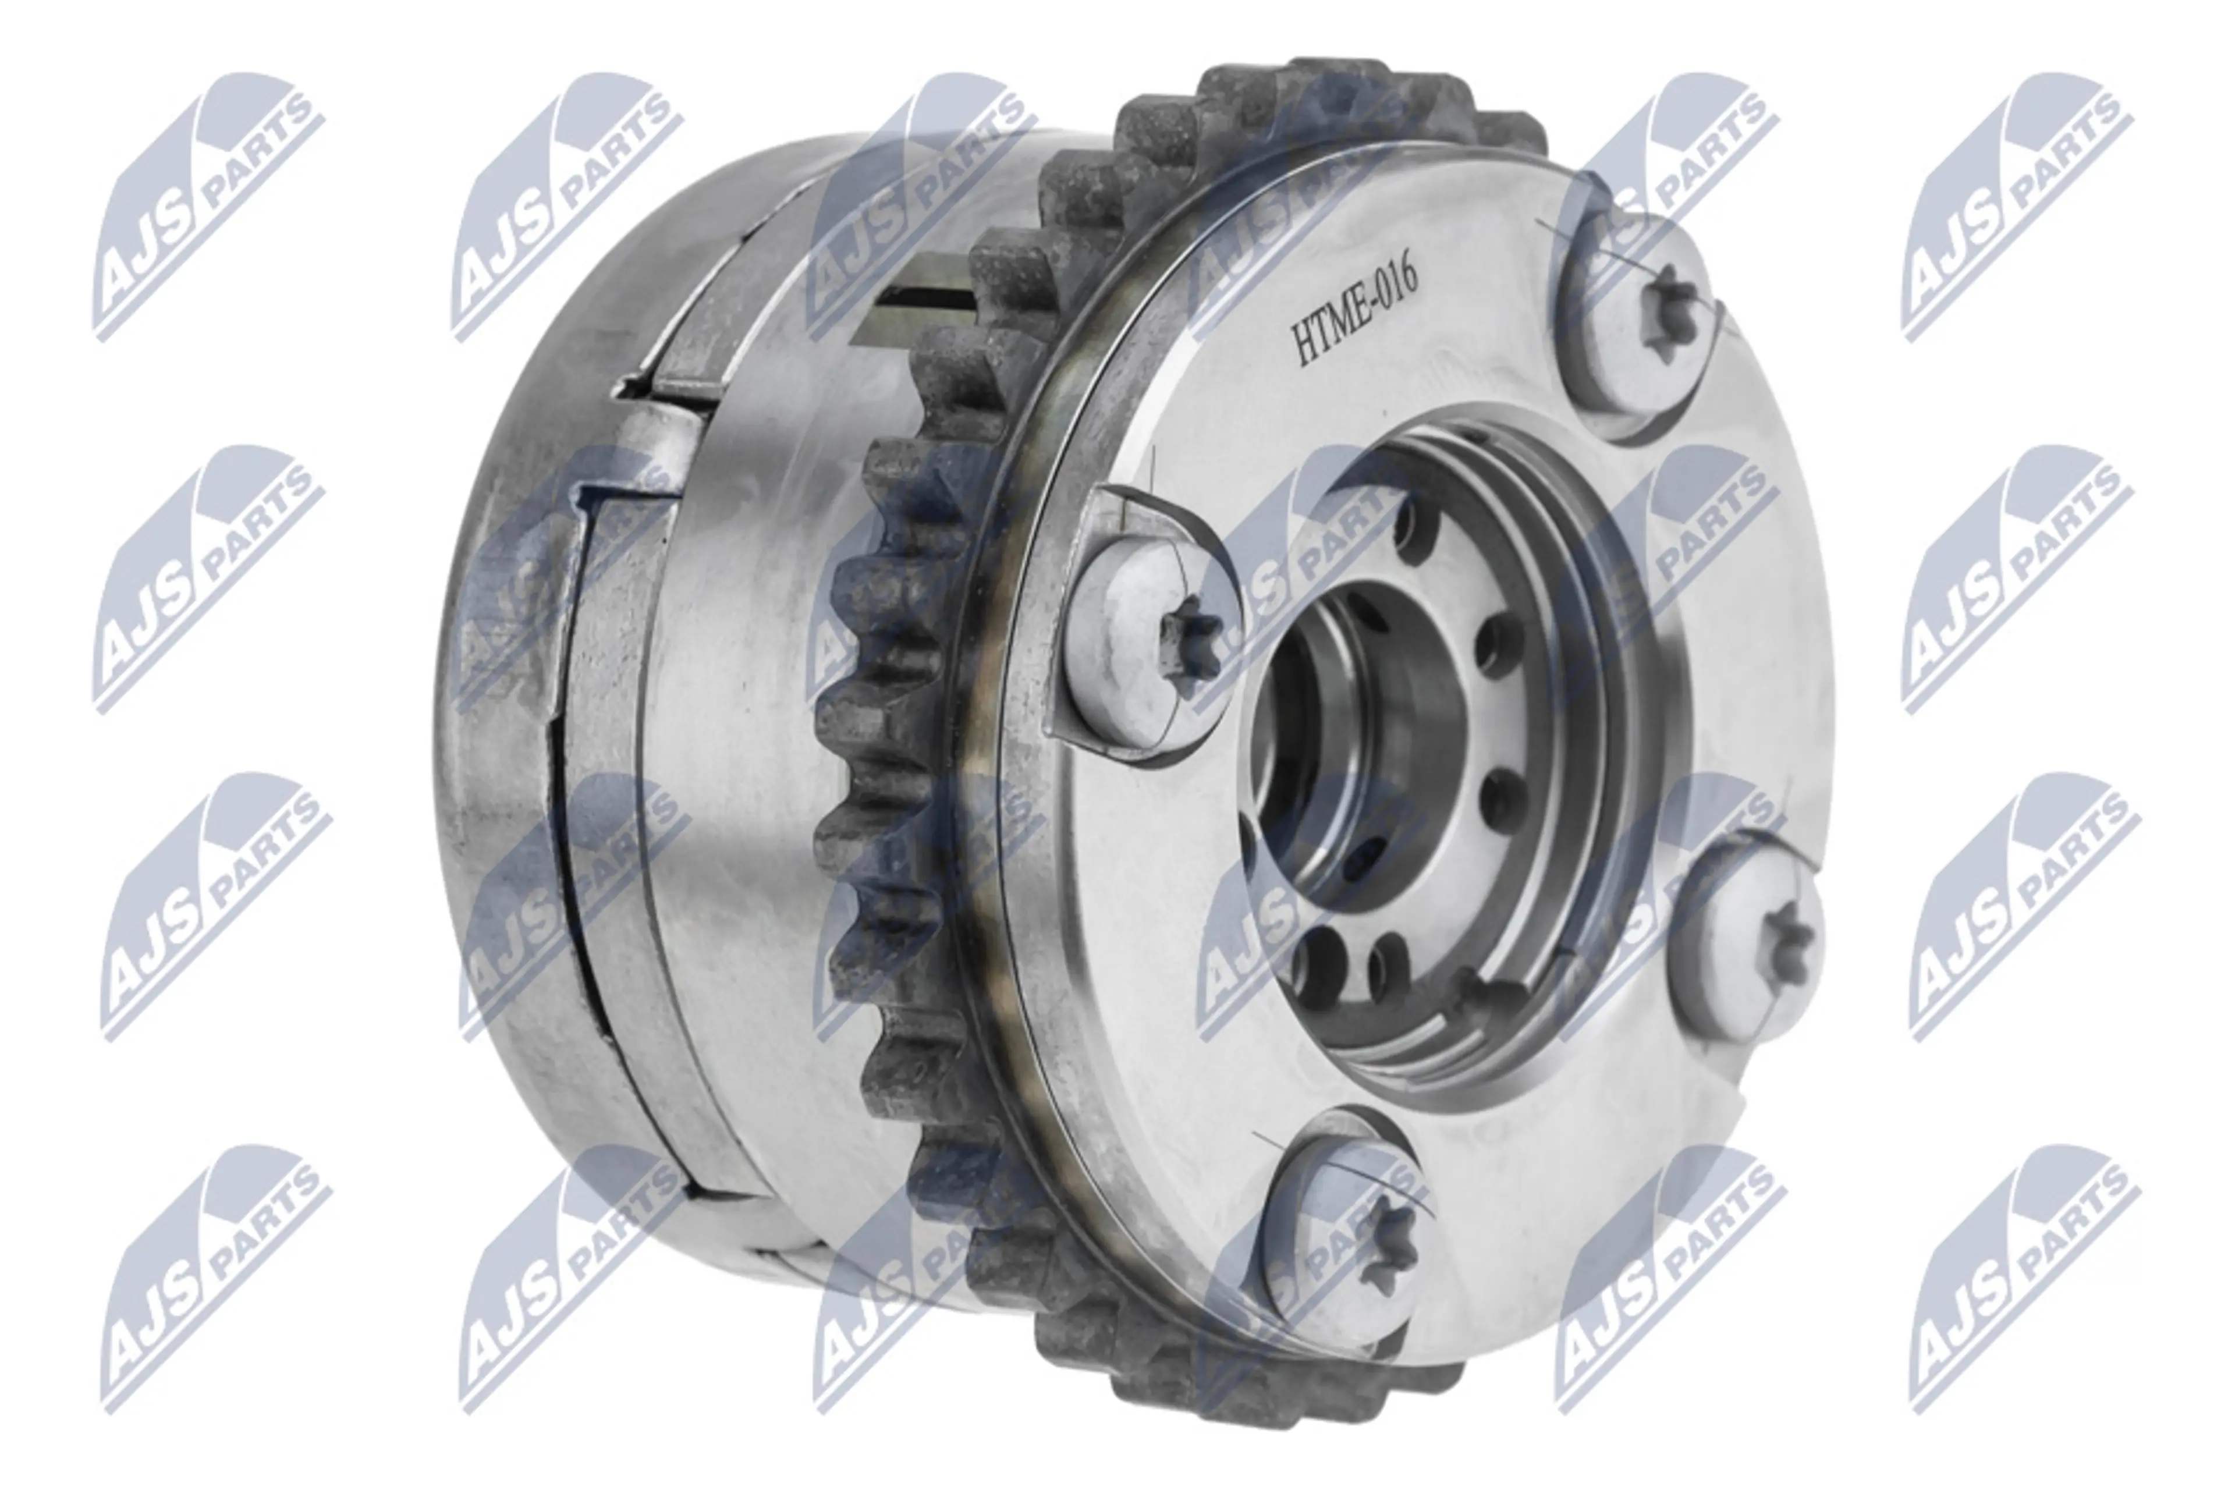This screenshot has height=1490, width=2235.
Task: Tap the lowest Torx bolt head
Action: [x=1340, y=1246]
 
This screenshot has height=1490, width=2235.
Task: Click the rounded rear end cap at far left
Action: [x=532, y=665]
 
